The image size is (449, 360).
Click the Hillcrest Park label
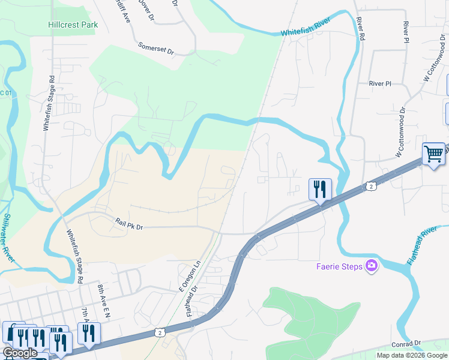click(73, 25)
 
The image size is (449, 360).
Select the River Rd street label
click(360, 28)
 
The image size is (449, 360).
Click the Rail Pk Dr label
click(130, 224)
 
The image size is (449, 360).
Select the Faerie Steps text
click(340, 266)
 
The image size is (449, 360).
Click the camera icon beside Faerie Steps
click(372, 266)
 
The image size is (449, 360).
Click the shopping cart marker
click(433, 154)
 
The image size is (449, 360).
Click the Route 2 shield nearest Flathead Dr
click(158, 331)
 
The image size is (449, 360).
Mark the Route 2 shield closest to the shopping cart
click(372, 187)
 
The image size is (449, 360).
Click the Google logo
click(20, 353)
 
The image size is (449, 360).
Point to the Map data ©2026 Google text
click(412, 355)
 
